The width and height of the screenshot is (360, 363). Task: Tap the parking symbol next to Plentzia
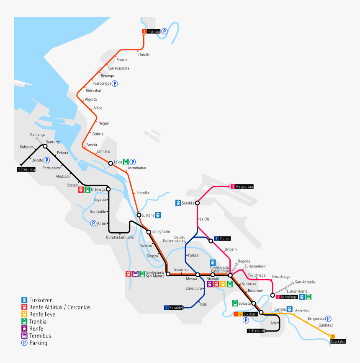tap(165, 31)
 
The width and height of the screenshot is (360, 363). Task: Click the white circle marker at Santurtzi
tap(45, 146)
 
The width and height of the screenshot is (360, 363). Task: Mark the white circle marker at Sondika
tap(198, 203)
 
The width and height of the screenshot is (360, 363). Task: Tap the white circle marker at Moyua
tap(198, 275)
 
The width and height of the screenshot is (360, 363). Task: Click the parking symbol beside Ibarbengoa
tap(115, 83)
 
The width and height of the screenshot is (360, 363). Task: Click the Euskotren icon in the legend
tap(24, 300)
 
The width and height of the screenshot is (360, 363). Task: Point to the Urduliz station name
tap(144, 55)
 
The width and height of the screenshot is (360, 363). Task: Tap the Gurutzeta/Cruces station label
tap(119, 237)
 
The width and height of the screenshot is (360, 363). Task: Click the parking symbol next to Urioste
tap(47, 160)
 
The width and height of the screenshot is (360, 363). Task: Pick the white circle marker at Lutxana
tap(139, 215)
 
